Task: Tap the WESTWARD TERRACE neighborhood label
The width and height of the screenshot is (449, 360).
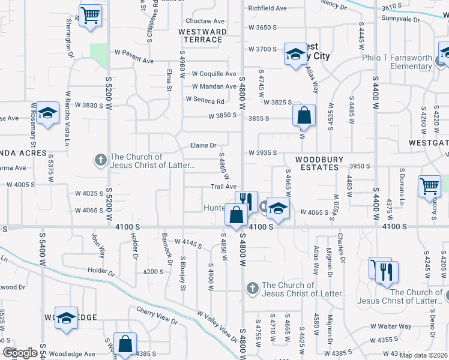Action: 202,35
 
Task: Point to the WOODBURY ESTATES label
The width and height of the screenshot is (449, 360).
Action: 319,163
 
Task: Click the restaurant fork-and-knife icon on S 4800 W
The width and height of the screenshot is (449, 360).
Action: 246,200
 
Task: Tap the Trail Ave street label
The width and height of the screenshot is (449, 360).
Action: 222,187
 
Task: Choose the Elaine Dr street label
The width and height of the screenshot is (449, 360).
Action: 202,145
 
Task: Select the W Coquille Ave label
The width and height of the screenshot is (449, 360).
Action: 214,74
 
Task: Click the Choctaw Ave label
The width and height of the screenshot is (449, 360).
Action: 205,20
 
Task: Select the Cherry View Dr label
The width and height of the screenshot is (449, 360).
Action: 157,316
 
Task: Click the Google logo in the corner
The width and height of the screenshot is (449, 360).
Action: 20,353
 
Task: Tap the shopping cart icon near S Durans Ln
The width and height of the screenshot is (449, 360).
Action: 430,186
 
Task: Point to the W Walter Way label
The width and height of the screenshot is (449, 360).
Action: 390,326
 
